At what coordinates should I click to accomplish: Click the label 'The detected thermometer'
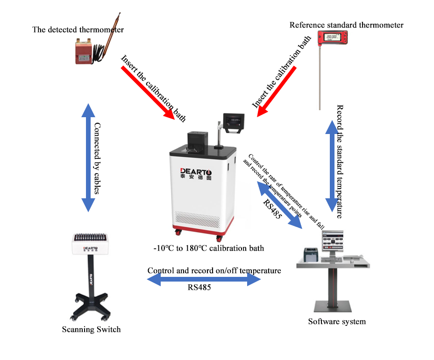(x=78, y=30)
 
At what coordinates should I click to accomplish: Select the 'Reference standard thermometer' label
(x=346, y=25)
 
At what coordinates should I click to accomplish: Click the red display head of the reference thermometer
(x=332, y=38)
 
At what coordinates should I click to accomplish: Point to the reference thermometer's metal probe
(x=320, y=79)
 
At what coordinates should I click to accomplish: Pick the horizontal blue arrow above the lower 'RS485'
(x=204, y=280)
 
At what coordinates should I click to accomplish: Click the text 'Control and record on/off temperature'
(x=214, y=270)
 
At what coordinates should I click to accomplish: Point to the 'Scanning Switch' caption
(x=91, y=329)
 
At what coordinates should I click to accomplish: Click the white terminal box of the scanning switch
(x=89, y=243)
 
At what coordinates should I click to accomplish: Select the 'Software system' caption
(x=337, y=321)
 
